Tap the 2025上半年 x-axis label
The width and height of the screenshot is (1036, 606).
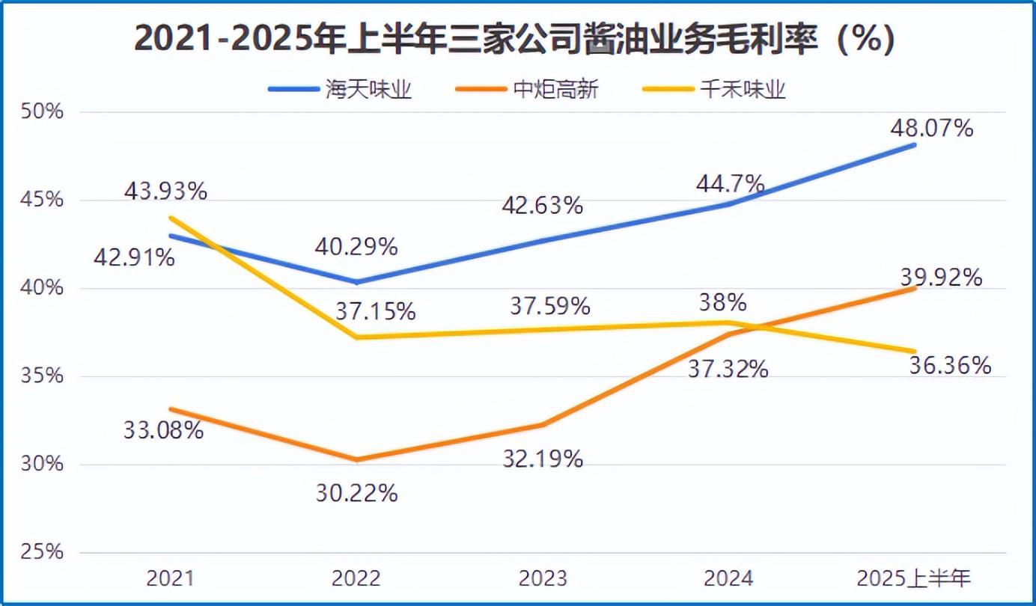pos(914,578)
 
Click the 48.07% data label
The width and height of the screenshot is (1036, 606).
pos(931,129)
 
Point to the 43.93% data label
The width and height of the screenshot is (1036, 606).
pos(165,192)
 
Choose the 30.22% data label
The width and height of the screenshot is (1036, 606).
pos(356,493)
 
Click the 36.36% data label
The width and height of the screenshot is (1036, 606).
pos(950,366)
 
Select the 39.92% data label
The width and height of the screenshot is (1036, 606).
pos(941,278)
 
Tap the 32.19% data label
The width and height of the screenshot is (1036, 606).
pos(542,459)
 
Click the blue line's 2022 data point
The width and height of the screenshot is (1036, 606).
pos(357,282)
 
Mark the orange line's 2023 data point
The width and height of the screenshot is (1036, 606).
pos(543,424)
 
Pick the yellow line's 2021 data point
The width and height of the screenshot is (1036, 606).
pos(171,218)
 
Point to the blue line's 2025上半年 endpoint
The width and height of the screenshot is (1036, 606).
pos(914,145)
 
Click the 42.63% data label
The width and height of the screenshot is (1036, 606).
pos(542,205)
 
